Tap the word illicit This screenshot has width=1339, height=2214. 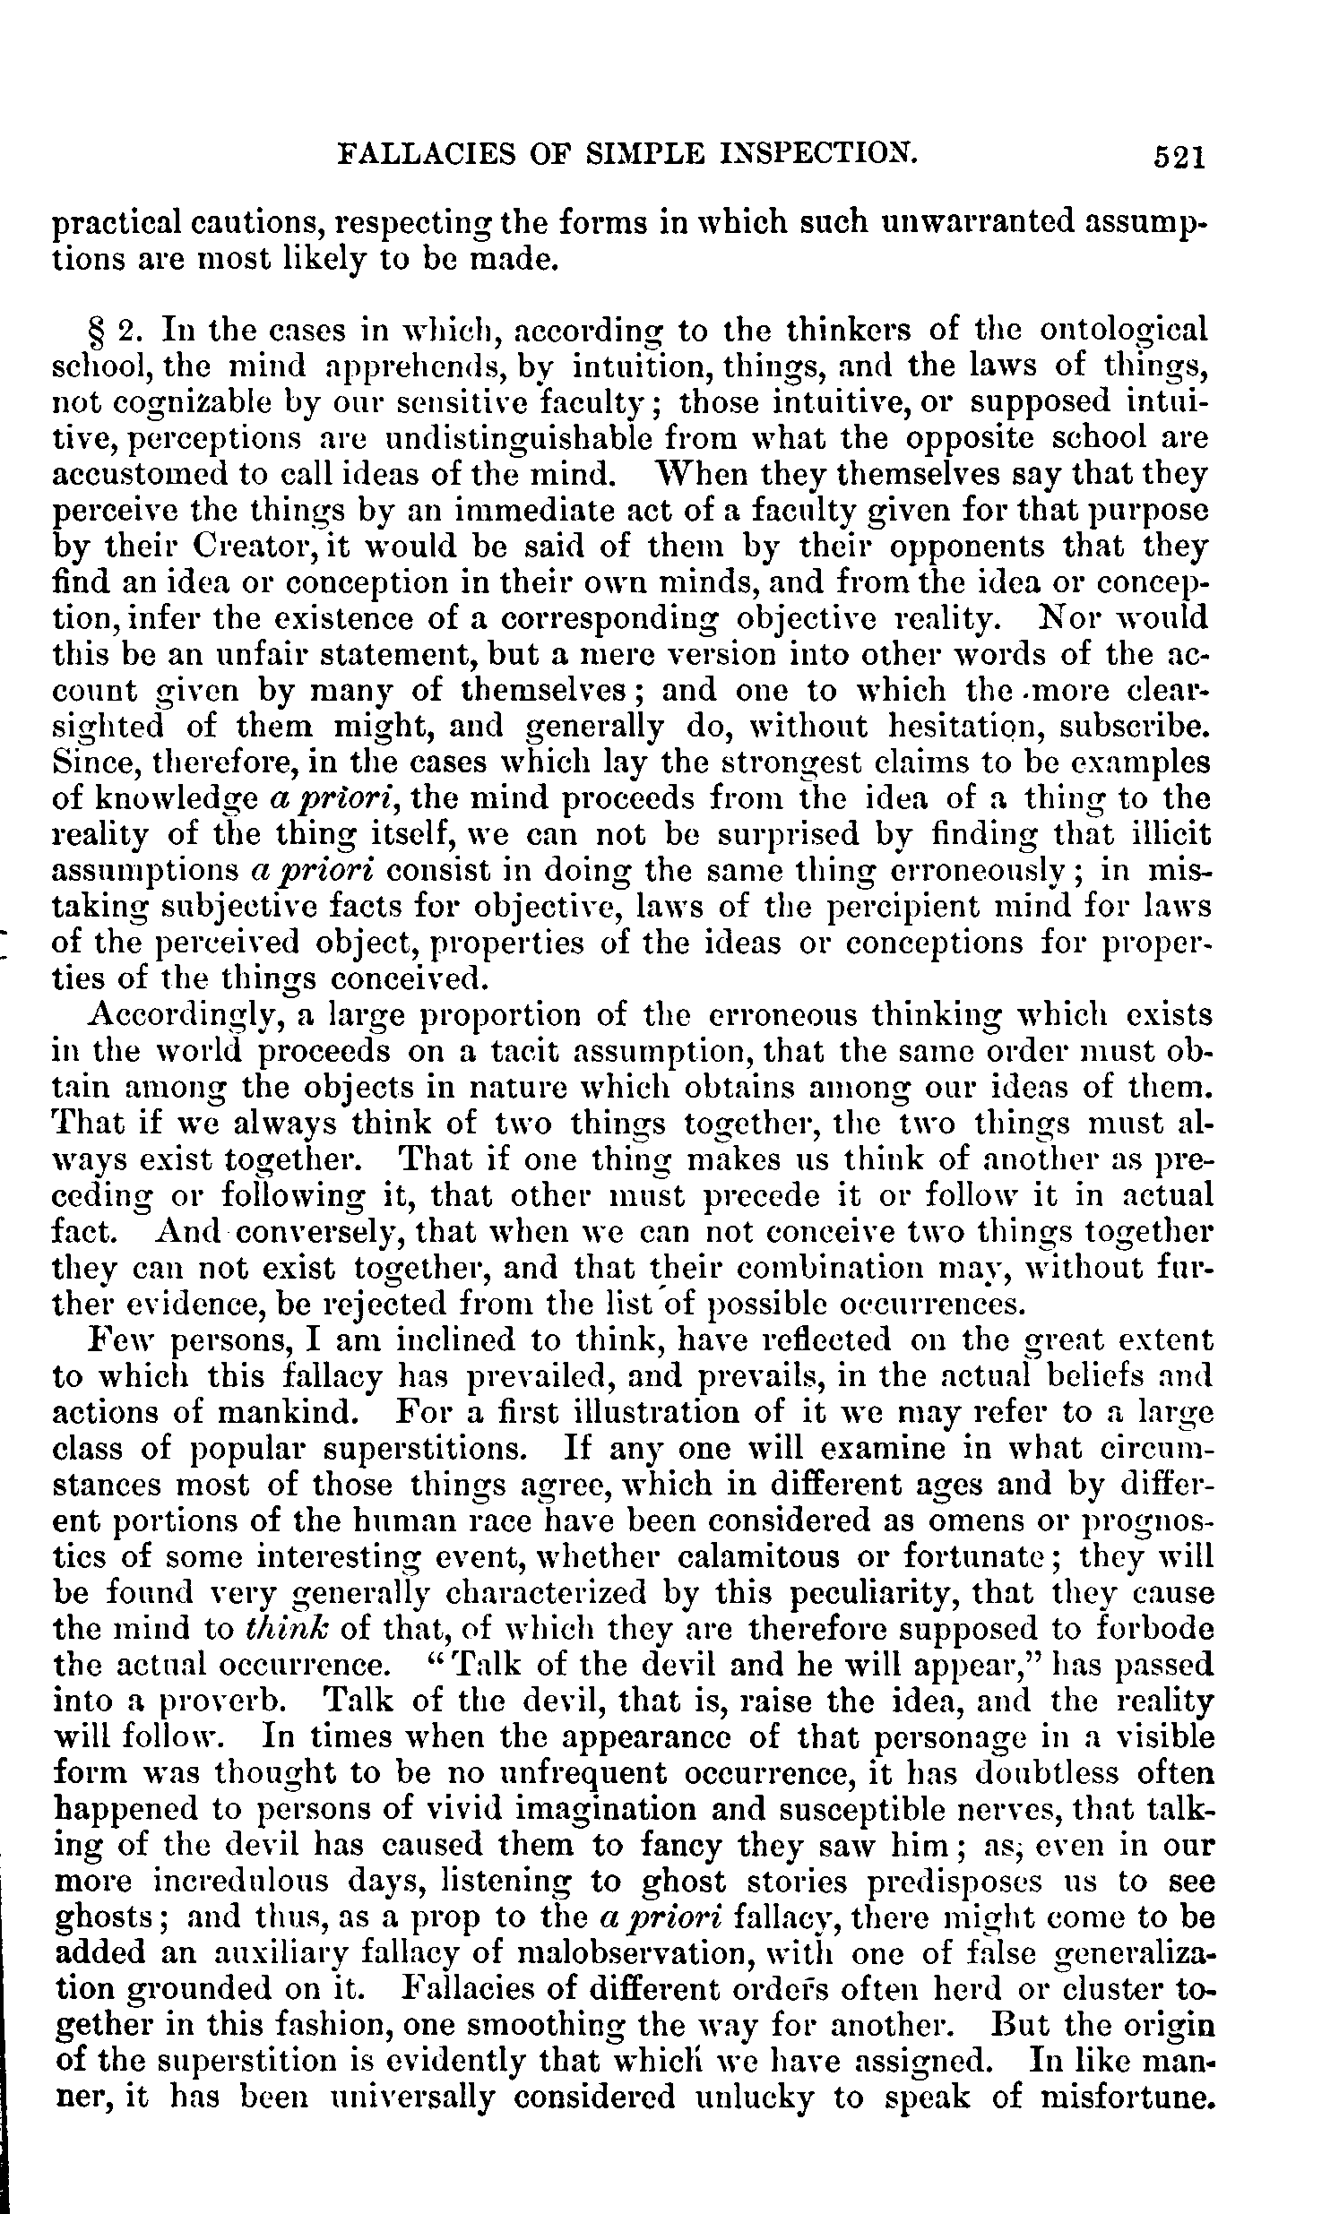(x=1169, y=834)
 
